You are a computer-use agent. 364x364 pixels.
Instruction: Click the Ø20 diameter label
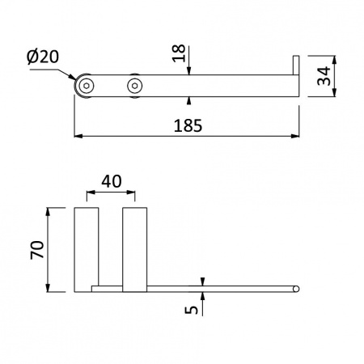coord(43,57)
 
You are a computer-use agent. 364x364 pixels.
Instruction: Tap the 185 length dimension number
coord(188,125)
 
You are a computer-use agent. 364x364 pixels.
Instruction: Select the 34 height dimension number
coord(324,76)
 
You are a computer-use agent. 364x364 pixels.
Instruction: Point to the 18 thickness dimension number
coord(179,53)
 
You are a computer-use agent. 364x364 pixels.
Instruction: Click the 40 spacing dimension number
coord(112,181)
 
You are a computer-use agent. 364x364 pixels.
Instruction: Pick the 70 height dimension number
coord(37,250)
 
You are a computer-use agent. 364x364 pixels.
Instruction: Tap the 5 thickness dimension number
coord(191,310)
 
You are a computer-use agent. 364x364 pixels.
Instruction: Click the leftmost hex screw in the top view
coord(87,86)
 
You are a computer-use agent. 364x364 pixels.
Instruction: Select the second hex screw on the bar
coord(134,86)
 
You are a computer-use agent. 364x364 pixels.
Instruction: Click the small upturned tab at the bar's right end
coord(296,65)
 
